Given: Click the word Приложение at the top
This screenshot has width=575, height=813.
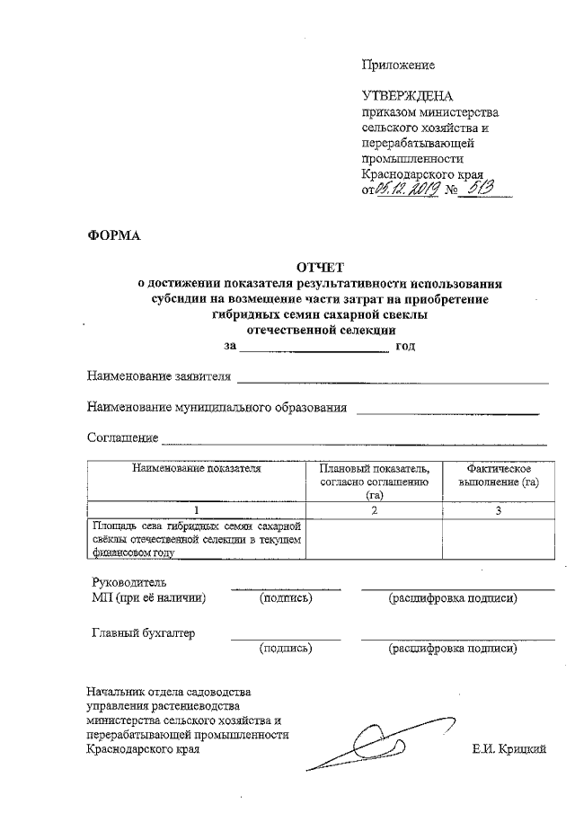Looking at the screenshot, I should coord(397,65).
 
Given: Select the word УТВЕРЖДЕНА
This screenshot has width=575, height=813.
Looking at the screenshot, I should coord(407,96).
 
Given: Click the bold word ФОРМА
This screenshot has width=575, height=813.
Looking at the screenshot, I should coord(114,236).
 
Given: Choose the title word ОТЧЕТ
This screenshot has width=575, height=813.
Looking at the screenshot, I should coord(321,266).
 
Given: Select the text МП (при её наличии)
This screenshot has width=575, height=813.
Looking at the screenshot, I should coord(149,596).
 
